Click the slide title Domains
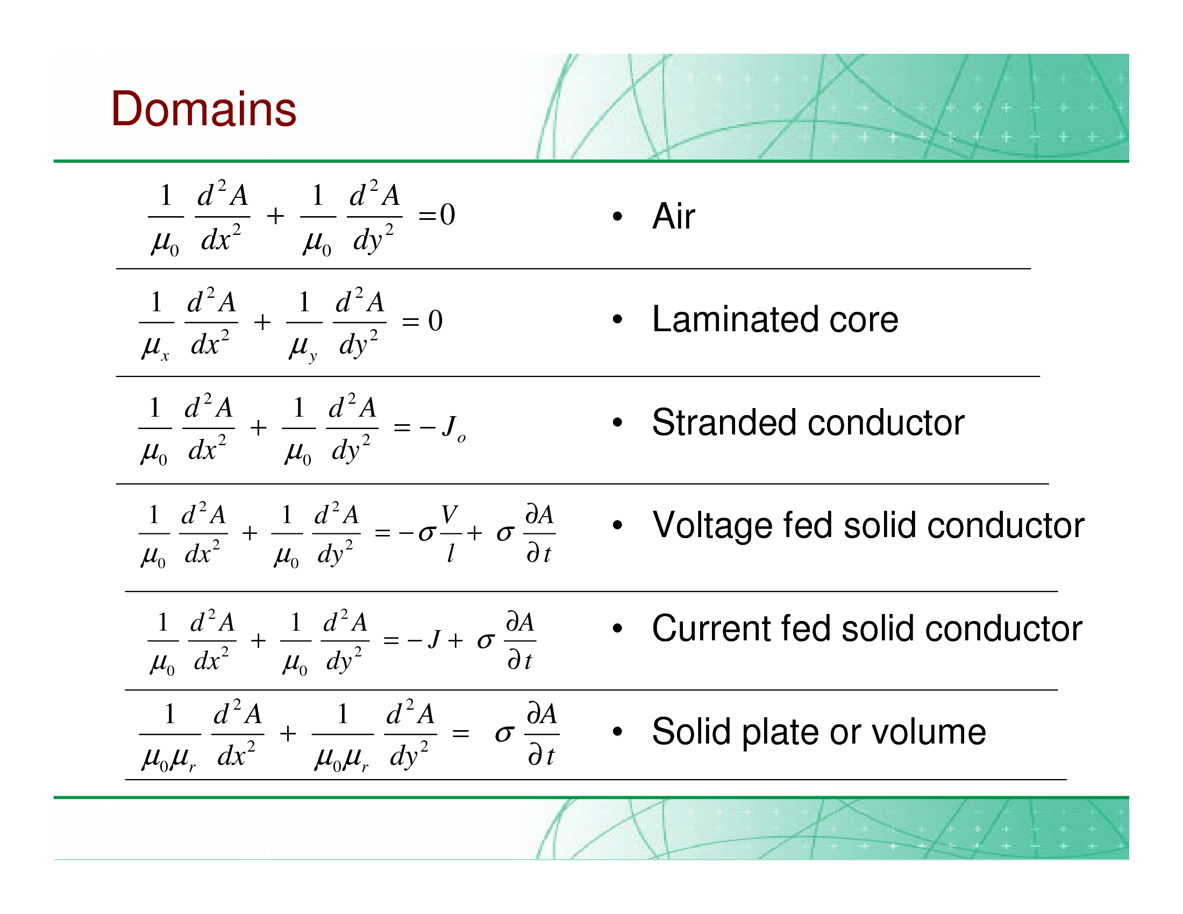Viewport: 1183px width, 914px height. pyautogui.click(x=204, y=109)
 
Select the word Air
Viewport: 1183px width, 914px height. pyautogui.click(x=674, y=216)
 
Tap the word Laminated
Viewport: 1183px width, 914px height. pyautogui.click(x=736, y=319)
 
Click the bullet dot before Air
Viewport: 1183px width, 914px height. pyautogui.click(x=617, y=217)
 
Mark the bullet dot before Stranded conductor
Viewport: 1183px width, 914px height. pyautogui.click(x=617, y=423)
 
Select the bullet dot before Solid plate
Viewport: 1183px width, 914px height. pyautogui.click(x=617, y=732)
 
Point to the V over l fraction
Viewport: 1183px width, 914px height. pyautogui.click(x=450, y=534)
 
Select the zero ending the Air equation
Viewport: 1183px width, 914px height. pyautogui.click(x=448, y=215)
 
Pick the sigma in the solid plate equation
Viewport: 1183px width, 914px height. pyautogui.click(x=504, y=734)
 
